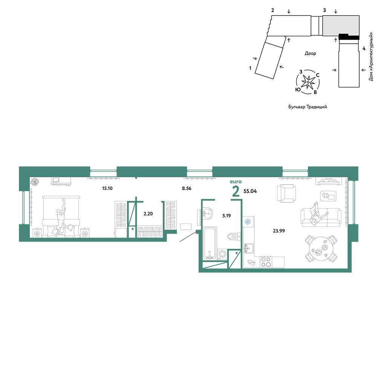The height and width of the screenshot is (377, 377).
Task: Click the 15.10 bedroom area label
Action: pyautogui.click(x=107, y=188)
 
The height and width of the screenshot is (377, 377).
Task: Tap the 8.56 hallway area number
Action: pyautogui.click(x=187, y=188)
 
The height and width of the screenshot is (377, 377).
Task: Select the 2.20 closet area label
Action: pyautogui.click(x=148, y=214)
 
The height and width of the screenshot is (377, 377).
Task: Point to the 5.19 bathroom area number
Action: pyautogui.click(x=227, y=216)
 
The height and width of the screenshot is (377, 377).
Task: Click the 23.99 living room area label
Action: pyautogui.click(x=279, y=231)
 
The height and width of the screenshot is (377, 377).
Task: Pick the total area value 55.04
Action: pyautogui.click(x=250, y=191)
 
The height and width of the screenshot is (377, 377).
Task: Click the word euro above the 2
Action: pyautogui.click(x=236, y=182)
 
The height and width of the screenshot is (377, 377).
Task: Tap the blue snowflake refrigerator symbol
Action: pyautogui.click(x=248, y=221)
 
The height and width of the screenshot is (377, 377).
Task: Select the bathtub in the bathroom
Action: pyautogui.click(x=210, y=243)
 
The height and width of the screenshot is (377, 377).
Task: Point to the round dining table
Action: pyautogui.click(x=321, y=249)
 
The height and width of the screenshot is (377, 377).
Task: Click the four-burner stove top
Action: pyautogui.click(x=266, y=262)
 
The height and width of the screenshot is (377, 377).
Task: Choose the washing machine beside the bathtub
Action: pyautogui.click(x=222, y=254)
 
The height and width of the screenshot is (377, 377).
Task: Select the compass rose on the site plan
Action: pyautogui.click(x=308, y=82)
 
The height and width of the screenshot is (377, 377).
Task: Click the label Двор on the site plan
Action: pyautogui.click(x=310, y=54)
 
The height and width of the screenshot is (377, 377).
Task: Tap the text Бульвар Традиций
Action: pyautogui.click(x=308, y=107)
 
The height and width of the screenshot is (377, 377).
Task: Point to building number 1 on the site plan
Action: pyautogui.click(x=250, y=68)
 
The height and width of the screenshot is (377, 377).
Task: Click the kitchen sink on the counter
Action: pyautogui.click(x=248, y=248)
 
